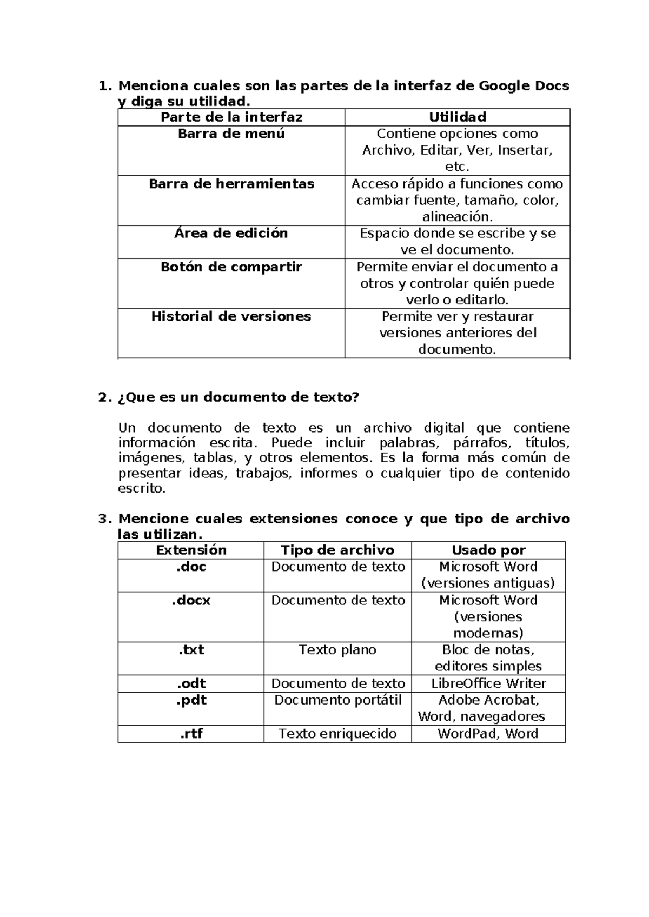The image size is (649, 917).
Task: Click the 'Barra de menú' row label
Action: coord(231,134)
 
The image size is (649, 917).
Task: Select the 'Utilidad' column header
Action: coord(458,117)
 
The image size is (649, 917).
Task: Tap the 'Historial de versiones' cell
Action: coord(231,316)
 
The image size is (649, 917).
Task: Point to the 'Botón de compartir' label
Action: coord(231,267)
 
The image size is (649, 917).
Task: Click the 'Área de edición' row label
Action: coord(231,233)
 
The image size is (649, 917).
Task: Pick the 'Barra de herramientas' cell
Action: coord(231,184)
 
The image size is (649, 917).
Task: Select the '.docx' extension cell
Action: coord(191,600)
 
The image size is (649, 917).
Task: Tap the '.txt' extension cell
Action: coord(191,650)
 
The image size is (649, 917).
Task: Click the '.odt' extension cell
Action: coord(191,683)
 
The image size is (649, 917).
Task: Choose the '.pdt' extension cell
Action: coord(191,700)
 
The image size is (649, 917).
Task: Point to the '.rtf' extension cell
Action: coord(191,734)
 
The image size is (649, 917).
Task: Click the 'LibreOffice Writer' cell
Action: coord(488,683)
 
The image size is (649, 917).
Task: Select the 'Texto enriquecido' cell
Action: coord(337,734)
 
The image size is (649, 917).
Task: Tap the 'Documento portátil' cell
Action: coord(337,700)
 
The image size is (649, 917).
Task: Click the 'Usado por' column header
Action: coord(488,550)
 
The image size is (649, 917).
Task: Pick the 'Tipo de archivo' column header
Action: coord(337,550)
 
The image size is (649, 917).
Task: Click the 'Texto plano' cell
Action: coord(337,650)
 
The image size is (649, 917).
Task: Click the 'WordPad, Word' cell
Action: coord(488,734)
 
